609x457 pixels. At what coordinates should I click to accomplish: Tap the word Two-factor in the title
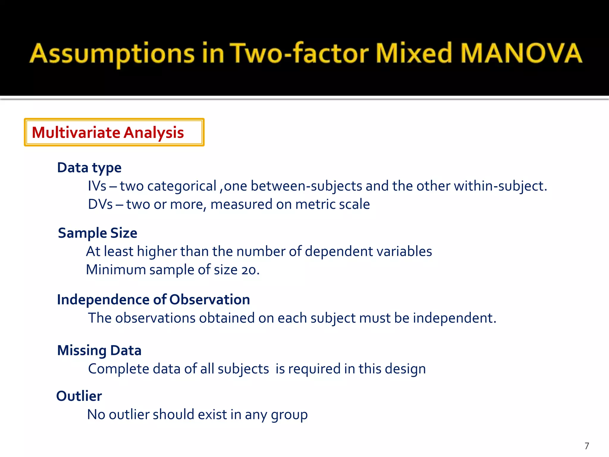[x=299, y=54]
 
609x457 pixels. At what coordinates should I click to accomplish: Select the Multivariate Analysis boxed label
[x=114, y=132]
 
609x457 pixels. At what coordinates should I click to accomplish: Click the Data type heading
[x=89, y=168]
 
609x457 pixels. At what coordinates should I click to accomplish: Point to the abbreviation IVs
[x=97, y=186]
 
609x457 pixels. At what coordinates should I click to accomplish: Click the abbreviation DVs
[x=100, y=204]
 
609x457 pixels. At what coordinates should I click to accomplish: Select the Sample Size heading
[x=98, y=233]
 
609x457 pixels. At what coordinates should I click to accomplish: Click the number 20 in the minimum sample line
[x=249, y=270]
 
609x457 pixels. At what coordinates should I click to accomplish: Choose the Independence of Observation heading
[x=153, y=300]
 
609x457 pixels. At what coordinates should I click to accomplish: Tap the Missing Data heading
[x=99, y=350]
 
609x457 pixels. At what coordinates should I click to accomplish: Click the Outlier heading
[x=79, y=396]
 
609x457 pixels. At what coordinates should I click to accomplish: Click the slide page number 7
[x=587, y=446]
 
